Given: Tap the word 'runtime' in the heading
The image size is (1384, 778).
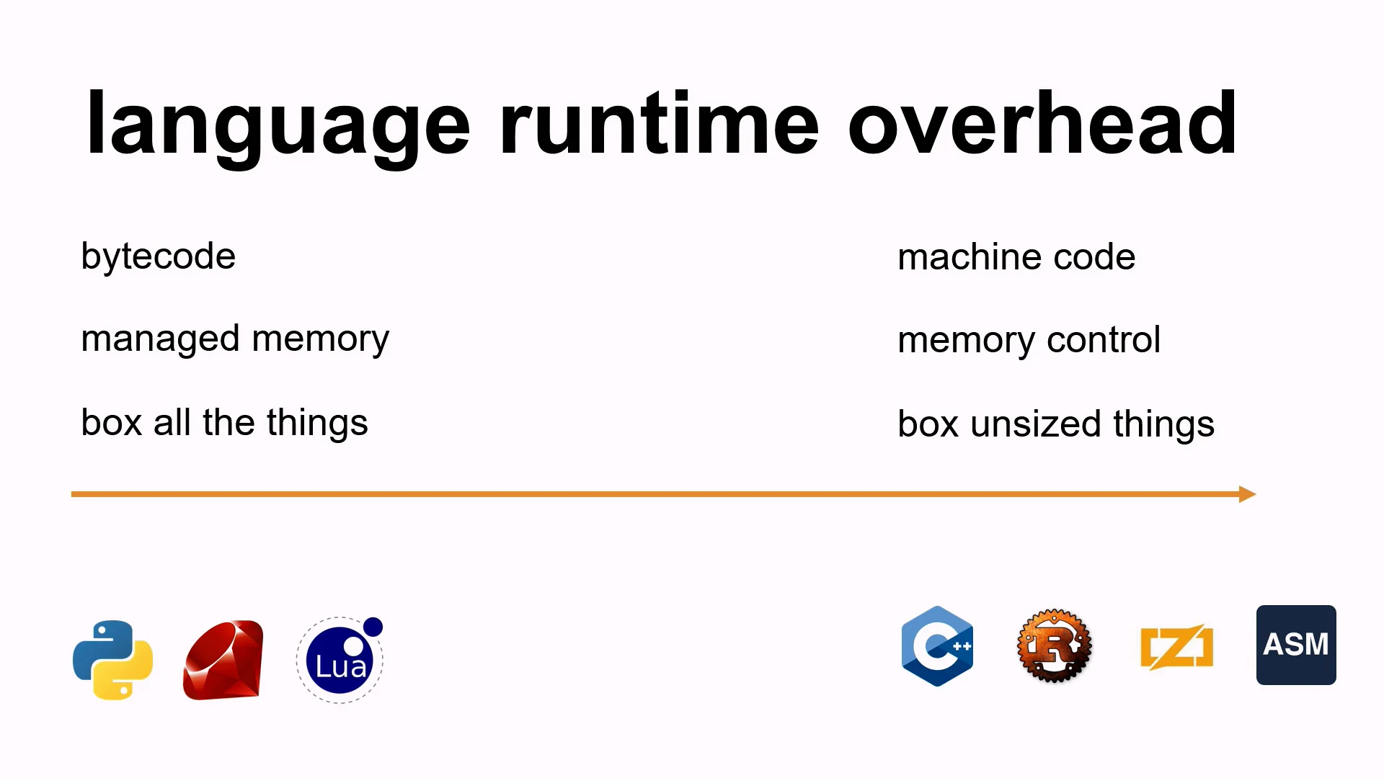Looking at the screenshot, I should tap(658, 124).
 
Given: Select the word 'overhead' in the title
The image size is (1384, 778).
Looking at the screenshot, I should tap(1042, 124).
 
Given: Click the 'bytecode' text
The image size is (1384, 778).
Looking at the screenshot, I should tap(159, 256).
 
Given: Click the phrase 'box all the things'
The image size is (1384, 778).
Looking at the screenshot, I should tap(224, 423).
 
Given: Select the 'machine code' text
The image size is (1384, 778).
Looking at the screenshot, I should tap(1016, 257).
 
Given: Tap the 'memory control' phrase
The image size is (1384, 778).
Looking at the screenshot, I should tap(1029, 340).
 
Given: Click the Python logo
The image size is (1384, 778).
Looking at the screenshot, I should tap(113, 659).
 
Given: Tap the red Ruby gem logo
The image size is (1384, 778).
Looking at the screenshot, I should tap(223, 659).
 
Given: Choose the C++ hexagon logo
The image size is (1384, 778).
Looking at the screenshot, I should tap(937, 646).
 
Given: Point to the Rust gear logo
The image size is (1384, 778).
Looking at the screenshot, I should tap(1054, 646).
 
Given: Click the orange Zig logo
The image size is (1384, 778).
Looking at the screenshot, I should tap(1176, 646).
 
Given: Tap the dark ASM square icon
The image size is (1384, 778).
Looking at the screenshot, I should tap(1296, 645).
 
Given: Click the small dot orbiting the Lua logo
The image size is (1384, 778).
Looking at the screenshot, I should tap(373, 627).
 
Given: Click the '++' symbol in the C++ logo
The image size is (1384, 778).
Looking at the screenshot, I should tap(962, 646).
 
